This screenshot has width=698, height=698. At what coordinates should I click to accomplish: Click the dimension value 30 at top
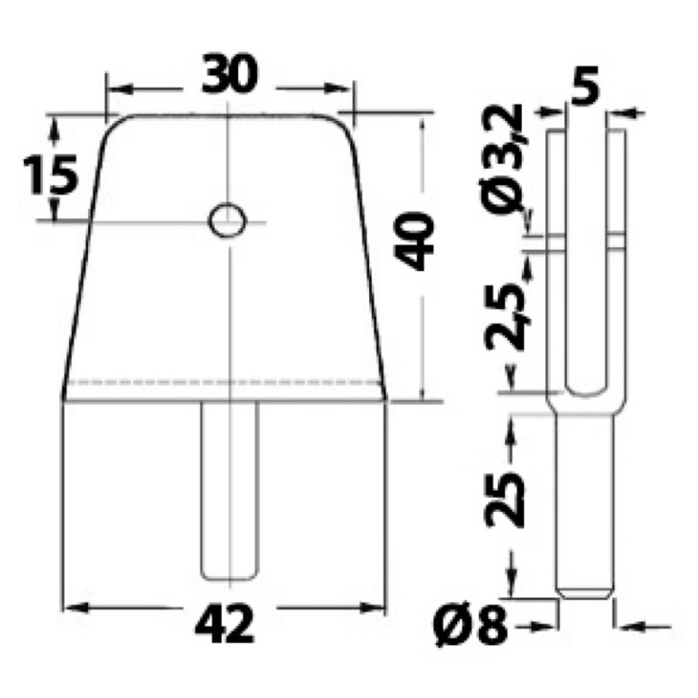click(x=229, y=74)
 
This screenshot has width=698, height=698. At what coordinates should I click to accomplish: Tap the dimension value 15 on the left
click(x=50, y=174)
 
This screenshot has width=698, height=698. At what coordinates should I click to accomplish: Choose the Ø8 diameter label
click(x=471, y=625)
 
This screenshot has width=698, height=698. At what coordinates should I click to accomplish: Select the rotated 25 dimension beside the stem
click(x=504, y=500)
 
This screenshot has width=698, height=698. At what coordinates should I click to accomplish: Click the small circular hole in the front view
click(x=227, y=220)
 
